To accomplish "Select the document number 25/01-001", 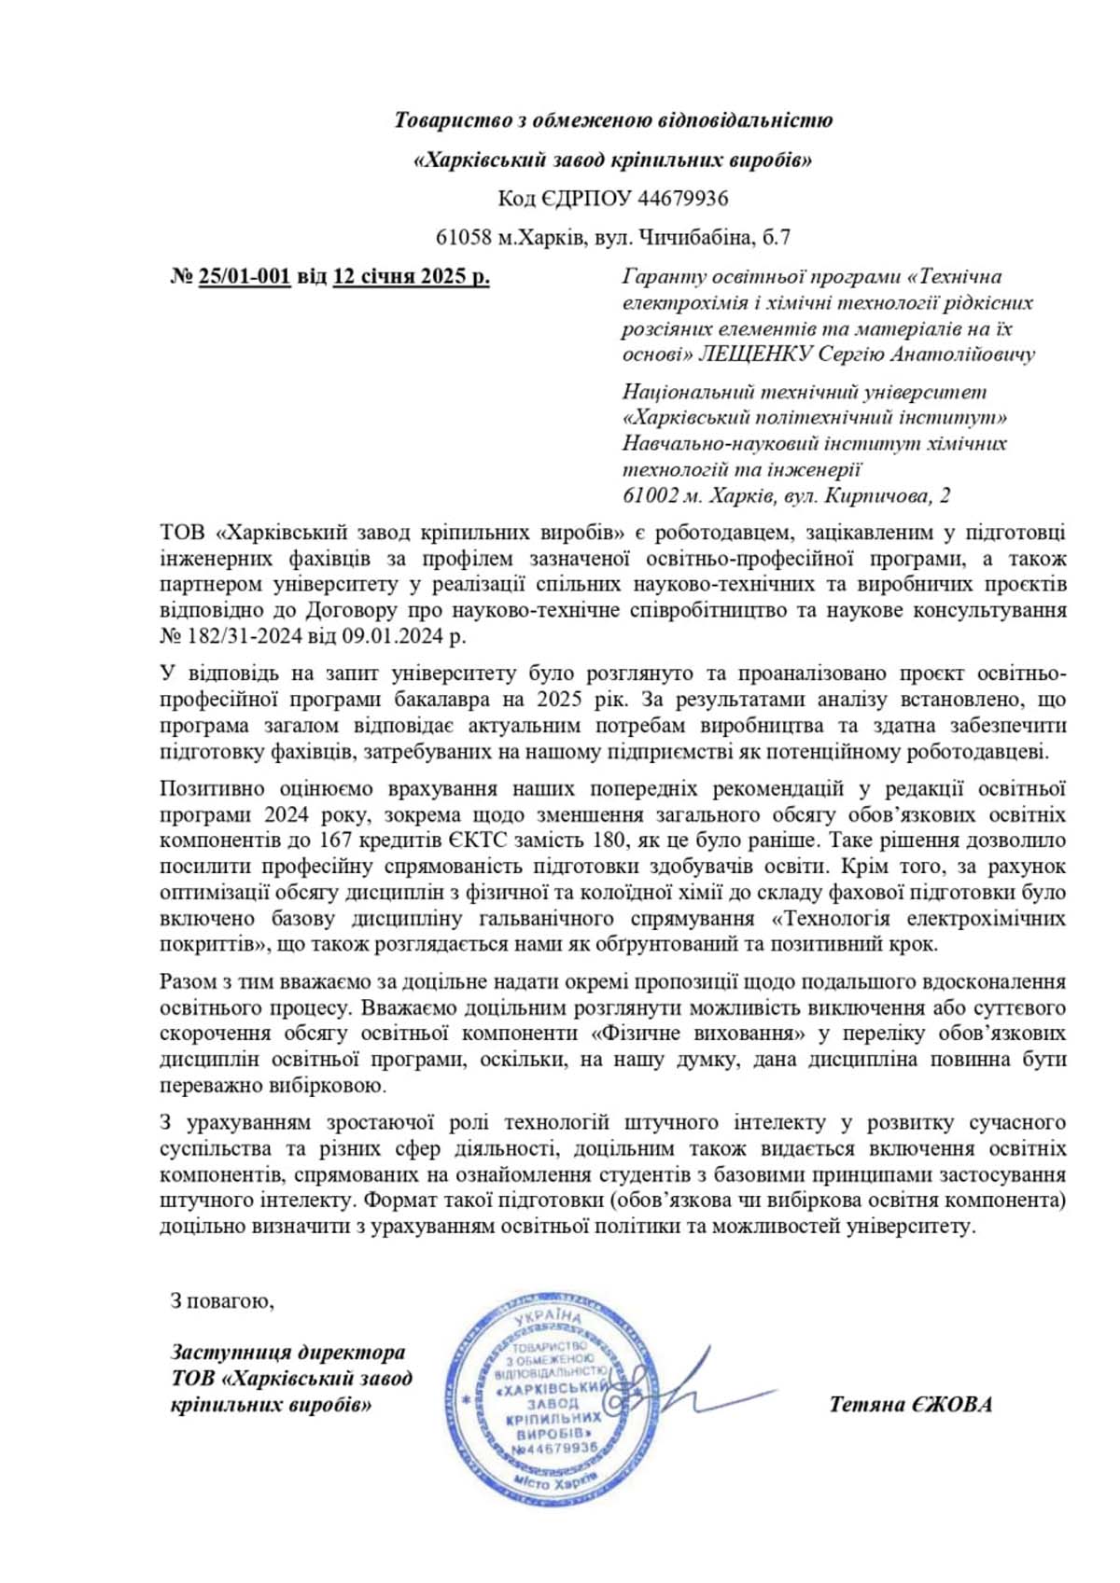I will [245, 277].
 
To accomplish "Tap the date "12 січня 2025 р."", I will [411, 277].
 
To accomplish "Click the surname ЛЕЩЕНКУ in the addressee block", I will [755, 354].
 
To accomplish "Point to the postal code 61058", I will [464, 238].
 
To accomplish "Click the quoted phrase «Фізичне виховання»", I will [699, 1035].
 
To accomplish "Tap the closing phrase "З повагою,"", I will [222, 1300].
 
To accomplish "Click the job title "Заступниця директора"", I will [287, 1353].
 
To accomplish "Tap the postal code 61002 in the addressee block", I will [650, 495].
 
